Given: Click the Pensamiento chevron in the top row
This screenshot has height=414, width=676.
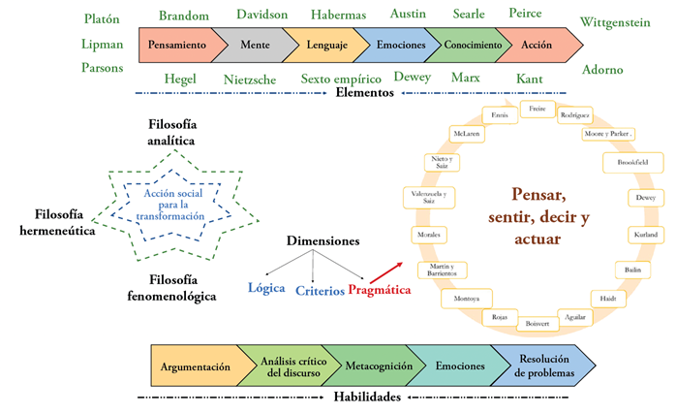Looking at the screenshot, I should [175, 45].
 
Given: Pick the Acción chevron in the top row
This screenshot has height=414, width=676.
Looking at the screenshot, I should [535, 45].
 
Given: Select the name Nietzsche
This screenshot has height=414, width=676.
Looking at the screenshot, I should [251, 78].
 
